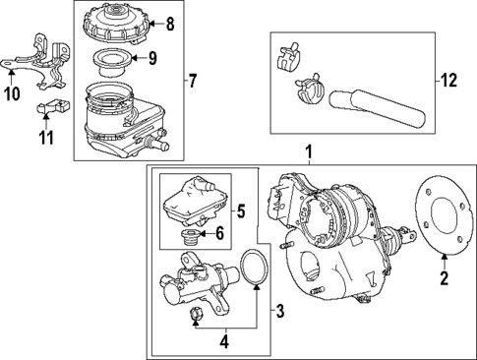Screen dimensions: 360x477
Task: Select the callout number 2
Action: [443, 279]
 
